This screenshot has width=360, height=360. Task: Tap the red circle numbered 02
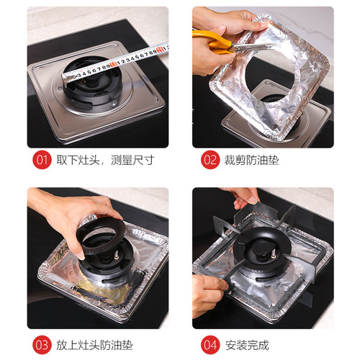(210, 160)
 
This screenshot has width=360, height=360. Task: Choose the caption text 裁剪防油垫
(252, 160)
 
